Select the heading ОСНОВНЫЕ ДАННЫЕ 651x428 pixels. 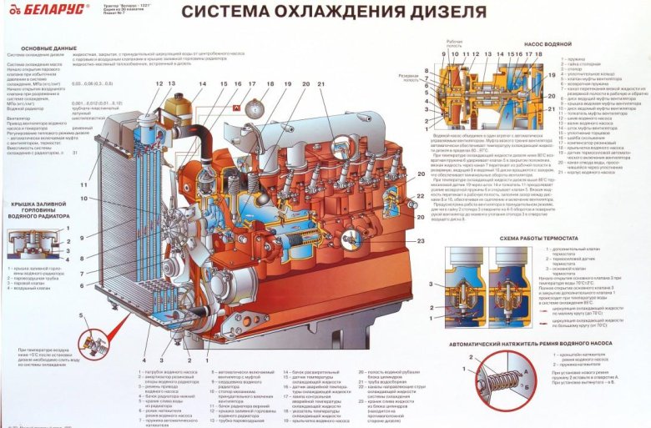tap(36, 49)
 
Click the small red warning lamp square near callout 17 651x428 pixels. tap(237, 108)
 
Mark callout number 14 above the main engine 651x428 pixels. tap(202, 83)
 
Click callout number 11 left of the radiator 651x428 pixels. tap(83, 184)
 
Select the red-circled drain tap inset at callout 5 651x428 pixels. tap(95, 341)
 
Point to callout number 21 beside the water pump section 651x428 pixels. tap(551, 108)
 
